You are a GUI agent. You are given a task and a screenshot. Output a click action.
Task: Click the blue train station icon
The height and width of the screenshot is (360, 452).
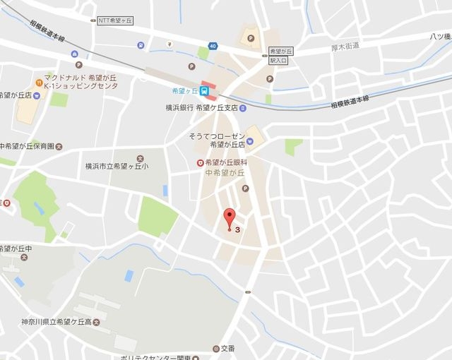pyautogui.click(x=204, y=90)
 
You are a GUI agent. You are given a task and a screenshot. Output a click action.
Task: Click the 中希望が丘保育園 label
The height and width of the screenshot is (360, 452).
pyautogui.click(x=27, y=147)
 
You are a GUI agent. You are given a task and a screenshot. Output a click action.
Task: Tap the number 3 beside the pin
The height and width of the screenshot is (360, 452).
pyautogui.click(x=238, y=229)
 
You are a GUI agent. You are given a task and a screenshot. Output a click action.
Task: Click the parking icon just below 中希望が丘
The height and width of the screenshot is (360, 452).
pyautogui.click(x=245, y=188)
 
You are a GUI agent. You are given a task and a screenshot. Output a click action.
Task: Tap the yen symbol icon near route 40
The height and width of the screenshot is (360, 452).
pyautogui.click(x=169, y=43)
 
